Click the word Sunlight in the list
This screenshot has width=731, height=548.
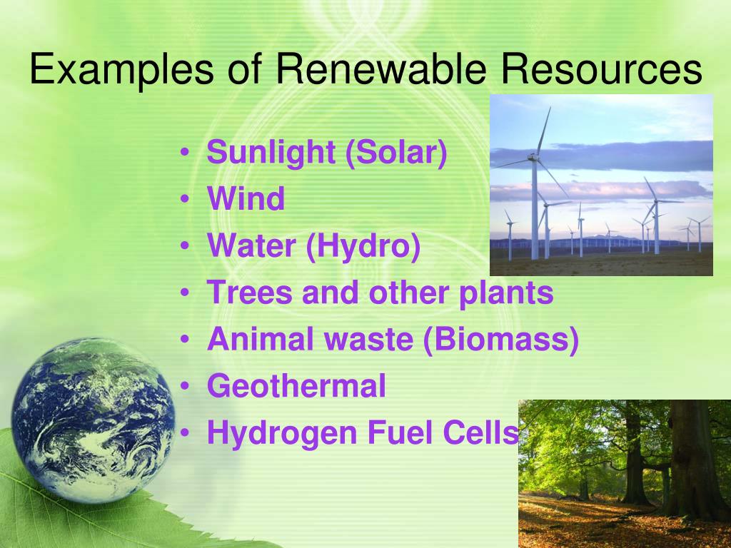(x=271, y=153)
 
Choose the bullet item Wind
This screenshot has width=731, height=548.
(x=246, y=199)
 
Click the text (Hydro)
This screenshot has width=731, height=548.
(x=363, y=246)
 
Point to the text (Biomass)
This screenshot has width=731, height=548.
(x=500, y=340)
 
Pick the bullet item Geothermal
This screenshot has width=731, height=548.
(x=296, y=387)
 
